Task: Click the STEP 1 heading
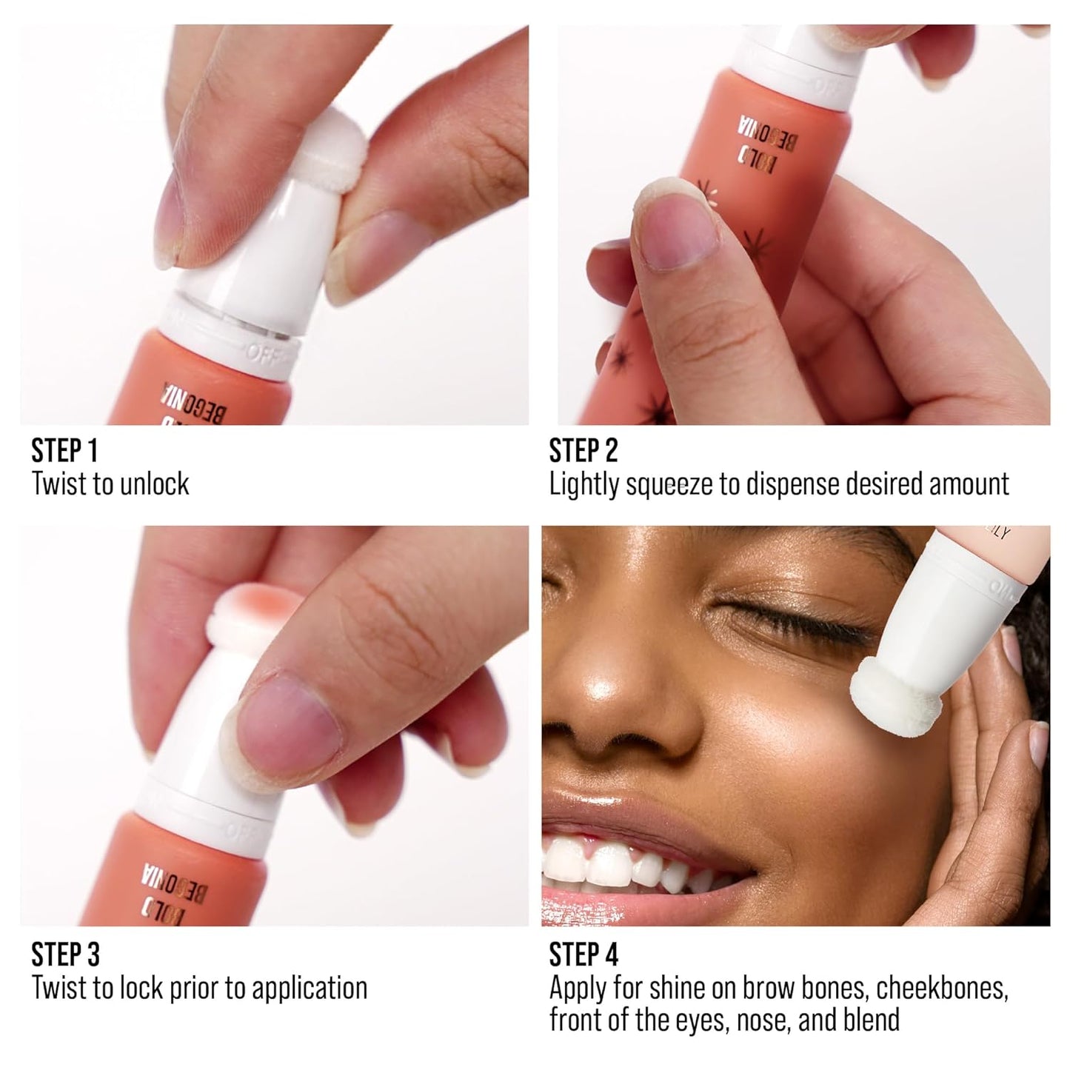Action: (64, 451)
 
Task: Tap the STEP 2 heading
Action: (584, 451)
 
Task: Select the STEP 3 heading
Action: (65, 955)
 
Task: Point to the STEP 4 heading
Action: (584, 955)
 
